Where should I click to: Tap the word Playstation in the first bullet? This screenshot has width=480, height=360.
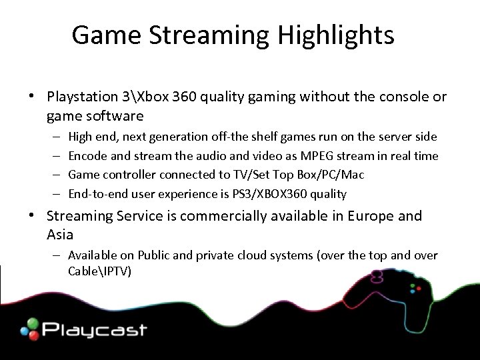[x=83, y=97]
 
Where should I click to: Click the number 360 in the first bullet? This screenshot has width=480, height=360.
[x=185, y=97]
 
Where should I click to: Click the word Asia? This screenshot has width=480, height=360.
[x=61, y=235]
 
